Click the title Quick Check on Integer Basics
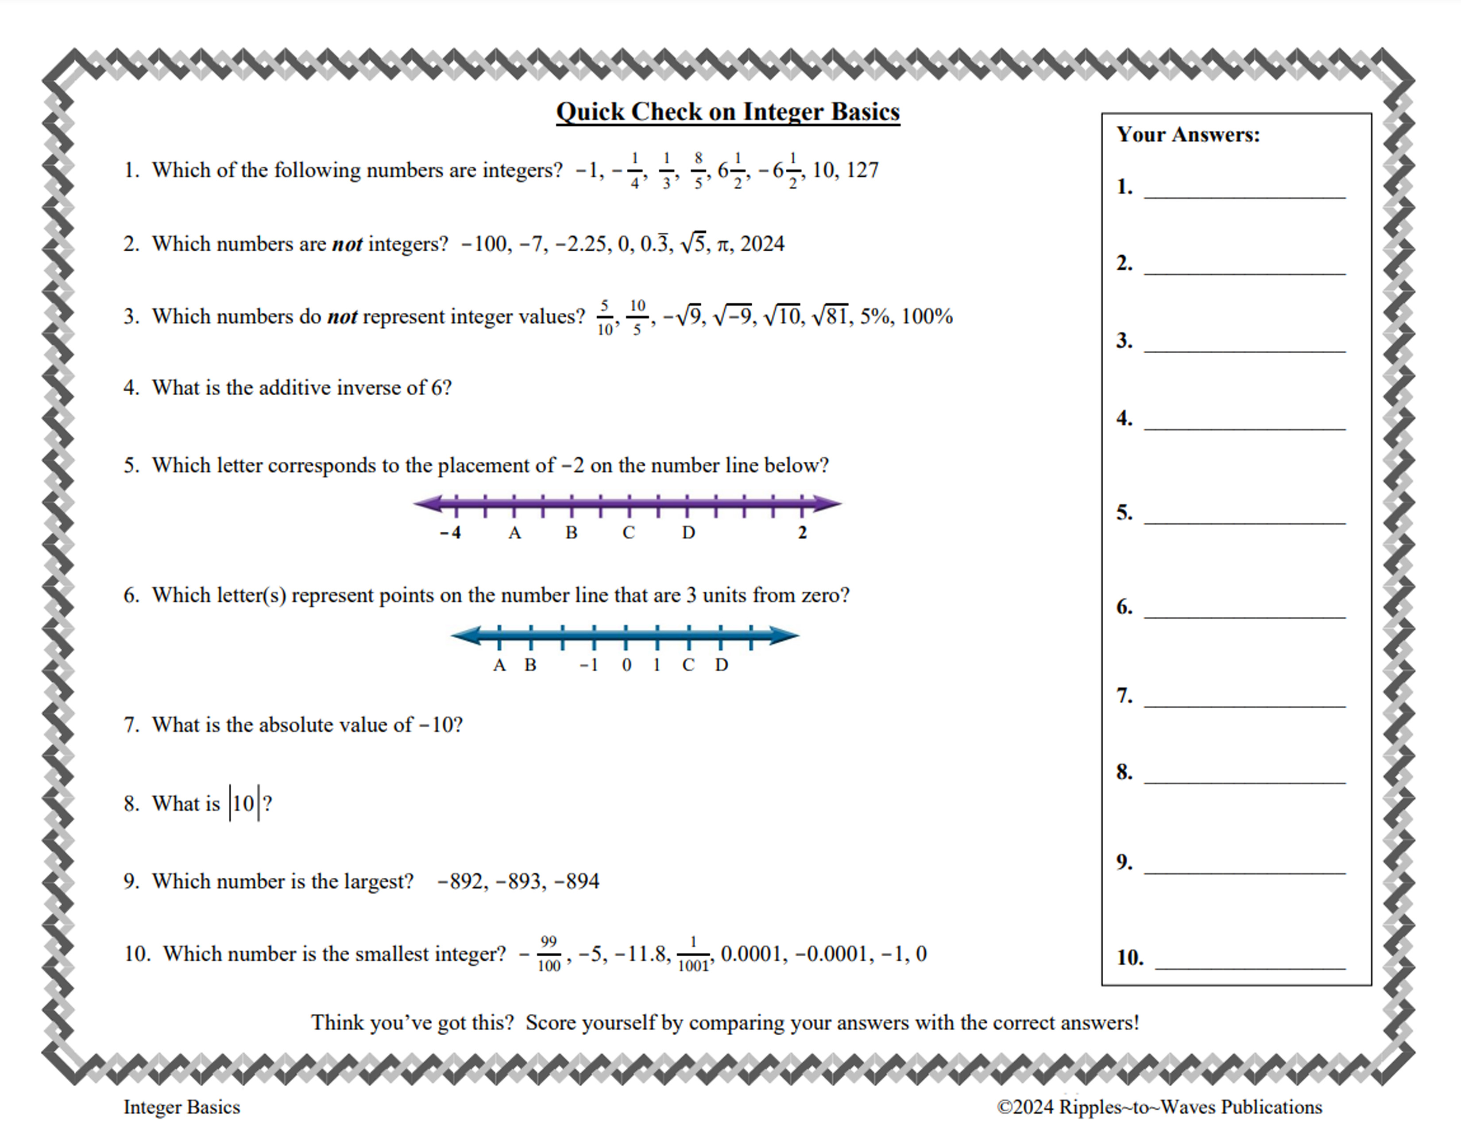728,112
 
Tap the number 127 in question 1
862,170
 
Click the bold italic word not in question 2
347,244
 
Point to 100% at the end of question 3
927,316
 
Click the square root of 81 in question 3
830,316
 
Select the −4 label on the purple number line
451,533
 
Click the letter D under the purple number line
688,533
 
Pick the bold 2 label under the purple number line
802,533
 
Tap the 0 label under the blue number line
626,665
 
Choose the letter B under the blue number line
530,665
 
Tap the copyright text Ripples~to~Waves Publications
1160,1107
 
